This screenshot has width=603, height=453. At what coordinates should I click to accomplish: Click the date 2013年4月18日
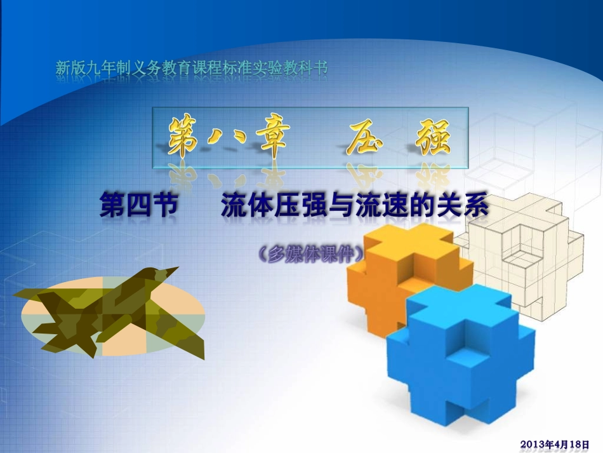point(559,443)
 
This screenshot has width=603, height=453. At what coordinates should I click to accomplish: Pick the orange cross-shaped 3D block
point(394,273)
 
